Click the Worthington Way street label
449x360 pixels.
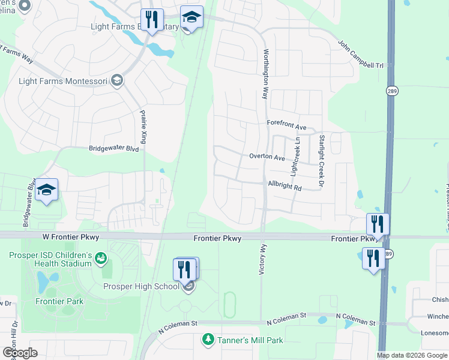(x=264, y=74)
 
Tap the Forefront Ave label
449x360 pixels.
(x=286, y=127)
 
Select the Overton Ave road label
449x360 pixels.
(x=267, y=157)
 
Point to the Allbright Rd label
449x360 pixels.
(x=285, y=187)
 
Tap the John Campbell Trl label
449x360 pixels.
(x=360, y=55)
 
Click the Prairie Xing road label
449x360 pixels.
(x=143, y=127)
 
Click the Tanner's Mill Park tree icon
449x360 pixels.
(x=208, y=340)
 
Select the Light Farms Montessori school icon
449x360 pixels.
(x=116, y=81)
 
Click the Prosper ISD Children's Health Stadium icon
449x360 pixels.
(x=101, y=259)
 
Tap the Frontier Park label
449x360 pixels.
(x=59, y=301)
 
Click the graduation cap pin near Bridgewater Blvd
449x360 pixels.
(x=47, y=191)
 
